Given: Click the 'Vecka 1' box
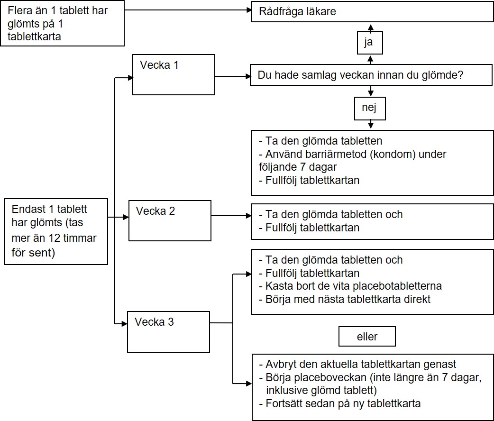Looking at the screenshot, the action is pyautogui.click(x=174, y=75).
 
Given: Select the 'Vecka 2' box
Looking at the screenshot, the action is pyautogui.click(x=170, y=220).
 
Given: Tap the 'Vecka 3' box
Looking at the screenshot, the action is pyautogui.click(x=169, y=332).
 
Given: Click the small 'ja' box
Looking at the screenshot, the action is pyautogui.click(x=370, y=43).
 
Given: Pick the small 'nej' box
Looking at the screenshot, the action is pyautogui.click(x=370, y=109).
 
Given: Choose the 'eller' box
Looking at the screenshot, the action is pyautogui.click(x=367, y=337).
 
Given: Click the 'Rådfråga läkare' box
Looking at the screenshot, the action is pyautogui.click(x=372, y=12).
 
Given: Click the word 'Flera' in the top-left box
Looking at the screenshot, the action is pyautogui.click(x=20, y=11).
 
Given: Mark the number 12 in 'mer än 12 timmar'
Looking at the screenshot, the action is pyautogui.click(x=55, y=238).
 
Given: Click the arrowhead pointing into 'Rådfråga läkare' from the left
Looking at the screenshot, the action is pyautogui.click(x=249, y=10).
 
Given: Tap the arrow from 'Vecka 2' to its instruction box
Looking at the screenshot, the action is pyautogui.click(x=231, y=216).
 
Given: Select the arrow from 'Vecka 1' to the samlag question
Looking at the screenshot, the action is pyautogui.click(x=232, y=76).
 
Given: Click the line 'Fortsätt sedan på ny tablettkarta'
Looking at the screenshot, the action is pyautogui.click(x=340, y=403).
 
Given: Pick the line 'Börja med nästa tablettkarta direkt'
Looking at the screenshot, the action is pyautogui.click(x=345, y=299).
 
